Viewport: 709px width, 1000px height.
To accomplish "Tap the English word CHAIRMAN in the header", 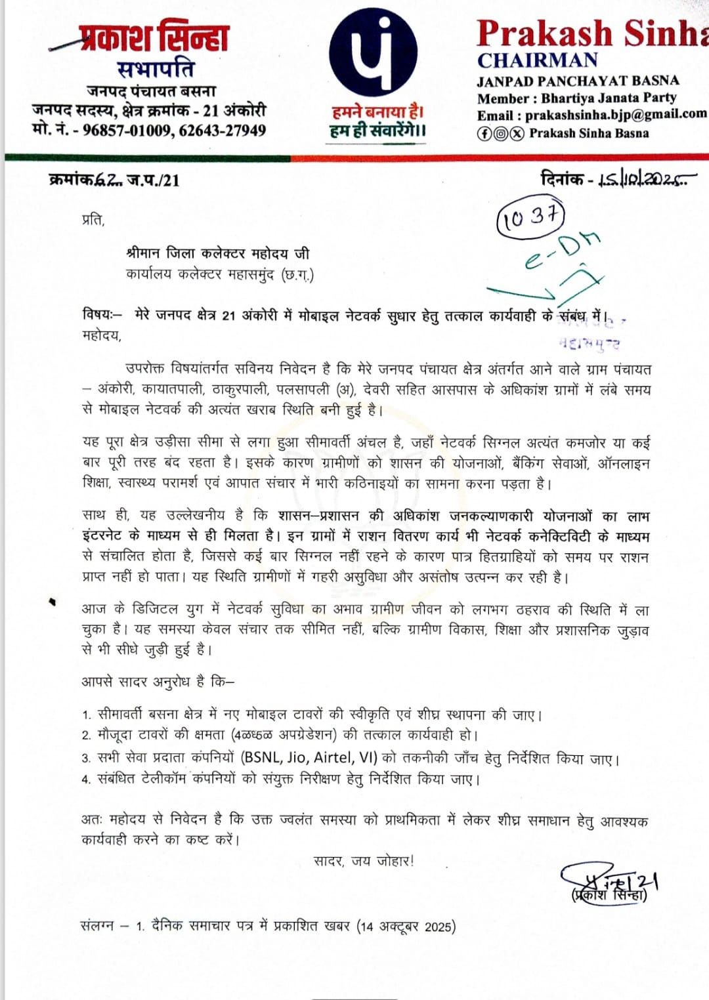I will click(537, 60).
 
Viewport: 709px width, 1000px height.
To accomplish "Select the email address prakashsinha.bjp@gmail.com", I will click(616, 114).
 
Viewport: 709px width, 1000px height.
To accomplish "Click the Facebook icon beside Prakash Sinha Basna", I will click(484, 133).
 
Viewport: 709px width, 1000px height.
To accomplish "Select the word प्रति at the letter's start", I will click(93, 219).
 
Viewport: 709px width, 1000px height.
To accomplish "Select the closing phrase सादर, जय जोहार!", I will click(364, 860).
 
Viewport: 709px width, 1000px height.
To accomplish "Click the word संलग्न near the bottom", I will click(97, 925).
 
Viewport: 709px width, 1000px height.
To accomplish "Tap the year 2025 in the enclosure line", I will click(438, 927).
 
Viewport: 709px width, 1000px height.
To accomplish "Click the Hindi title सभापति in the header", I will click(156, 68).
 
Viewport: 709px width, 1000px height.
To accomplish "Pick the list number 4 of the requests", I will click(86, 780).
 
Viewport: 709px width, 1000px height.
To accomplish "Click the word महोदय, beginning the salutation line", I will click(102, 335).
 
